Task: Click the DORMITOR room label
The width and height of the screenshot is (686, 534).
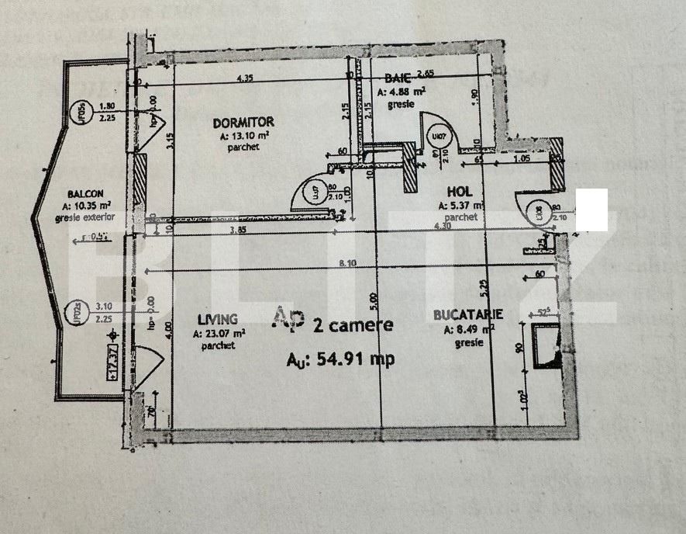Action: pyautogui.click(x=243, y=122)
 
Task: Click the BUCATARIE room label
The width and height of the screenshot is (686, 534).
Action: pyautogui.click(x=468, y=314)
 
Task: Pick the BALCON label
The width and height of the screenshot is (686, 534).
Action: pyautogui.click(x=85, y=193)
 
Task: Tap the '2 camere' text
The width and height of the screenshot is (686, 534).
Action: pyautogui.click(x=353, y=325)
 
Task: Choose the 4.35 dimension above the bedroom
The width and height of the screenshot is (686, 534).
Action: pyautogui.click(x=246, y=78)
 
